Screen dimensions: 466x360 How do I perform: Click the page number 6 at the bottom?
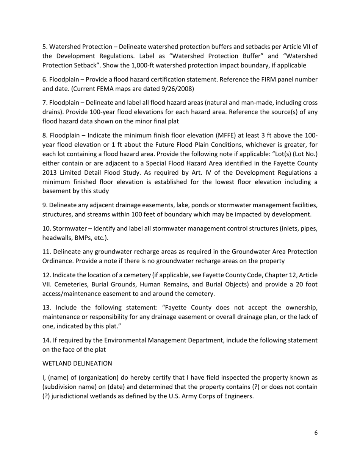point(316,433)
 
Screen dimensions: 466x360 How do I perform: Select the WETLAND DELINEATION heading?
point(77,363)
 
